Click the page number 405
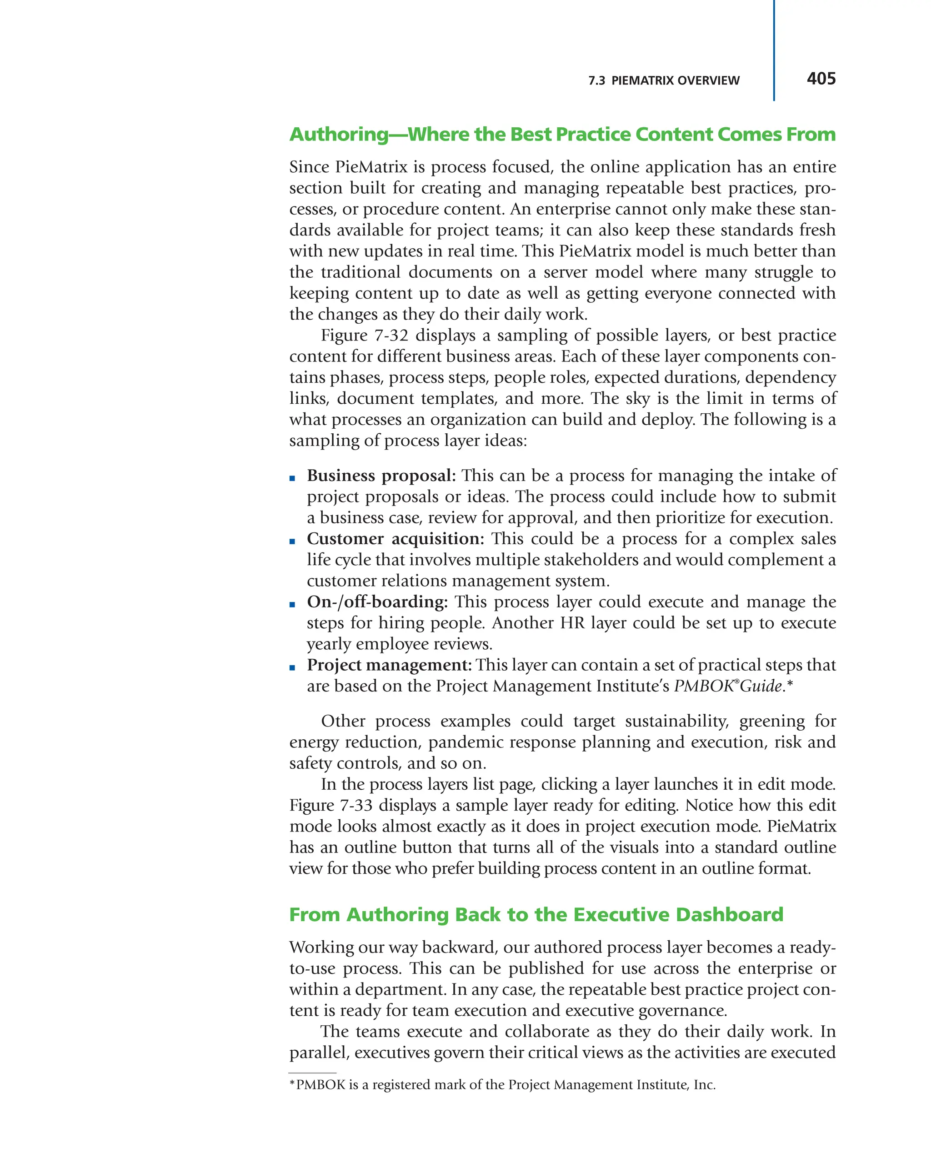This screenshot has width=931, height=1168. pos(821,79)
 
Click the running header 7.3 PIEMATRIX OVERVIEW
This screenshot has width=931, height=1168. pos(663,81)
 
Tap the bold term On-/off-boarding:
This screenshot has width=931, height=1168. pos(377,602)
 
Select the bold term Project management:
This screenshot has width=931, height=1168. pos(389,665)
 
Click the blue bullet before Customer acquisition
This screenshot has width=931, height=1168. pos(292,541)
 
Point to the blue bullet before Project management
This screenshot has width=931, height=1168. pos(292,667)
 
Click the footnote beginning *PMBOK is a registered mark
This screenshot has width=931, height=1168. pos(502,1085)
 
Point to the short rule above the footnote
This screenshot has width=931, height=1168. pos(312,1073)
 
